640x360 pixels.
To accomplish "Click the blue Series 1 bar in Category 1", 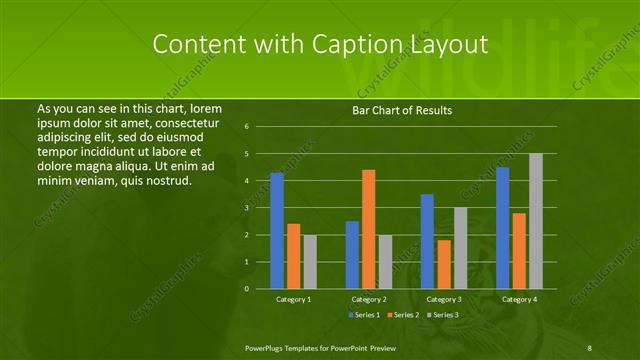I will click(x=277, y=231).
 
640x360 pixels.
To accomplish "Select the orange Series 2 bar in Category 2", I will click(x=369, y=229).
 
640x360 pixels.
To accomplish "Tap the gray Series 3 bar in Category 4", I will click(x=536, y=221).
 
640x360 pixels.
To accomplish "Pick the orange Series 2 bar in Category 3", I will click(x=444, y=264).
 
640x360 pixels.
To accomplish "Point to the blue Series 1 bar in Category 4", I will click(x=502, y=228).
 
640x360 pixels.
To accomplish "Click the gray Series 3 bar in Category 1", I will click(x=310, y=262).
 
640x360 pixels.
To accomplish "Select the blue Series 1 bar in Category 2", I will click(x=352, y=255).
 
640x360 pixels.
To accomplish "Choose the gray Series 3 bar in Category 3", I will click(x=460, y=248).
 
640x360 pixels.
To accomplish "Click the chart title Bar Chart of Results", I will click(x=402, y=109).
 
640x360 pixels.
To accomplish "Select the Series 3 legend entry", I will click(x=444, y=315).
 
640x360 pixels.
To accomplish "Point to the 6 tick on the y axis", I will click(x=247, y=127).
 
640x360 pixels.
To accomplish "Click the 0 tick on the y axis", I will click(x=247, y=289).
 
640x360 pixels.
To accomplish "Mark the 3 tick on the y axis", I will click(x=247, y=208).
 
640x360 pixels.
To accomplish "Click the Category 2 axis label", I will click(x=368, y=299).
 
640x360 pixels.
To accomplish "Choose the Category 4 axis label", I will click(x=519, y=299).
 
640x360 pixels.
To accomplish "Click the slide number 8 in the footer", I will click(x=590, y=346).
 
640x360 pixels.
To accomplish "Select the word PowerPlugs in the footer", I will click(x=266, y=346).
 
